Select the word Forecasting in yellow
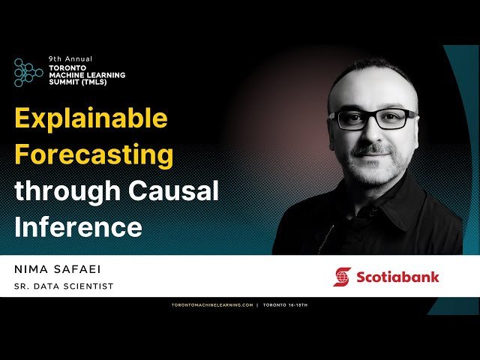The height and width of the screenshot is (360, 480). coord(94,156)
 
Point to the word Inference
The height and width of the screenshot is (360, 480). coord(79,227)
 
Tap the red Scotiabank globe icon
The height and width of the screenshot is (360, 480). coord(342,277)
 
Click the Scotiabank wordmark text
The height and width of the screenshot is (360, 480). coord(397,277)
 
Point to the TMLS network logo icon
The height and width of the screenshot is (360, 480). coord(28,72)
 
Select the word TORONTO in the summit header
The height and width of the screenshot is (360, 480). coord(68,66)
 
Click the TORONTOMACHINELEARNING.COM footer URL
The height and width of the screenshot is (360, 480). coord(212,306)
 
